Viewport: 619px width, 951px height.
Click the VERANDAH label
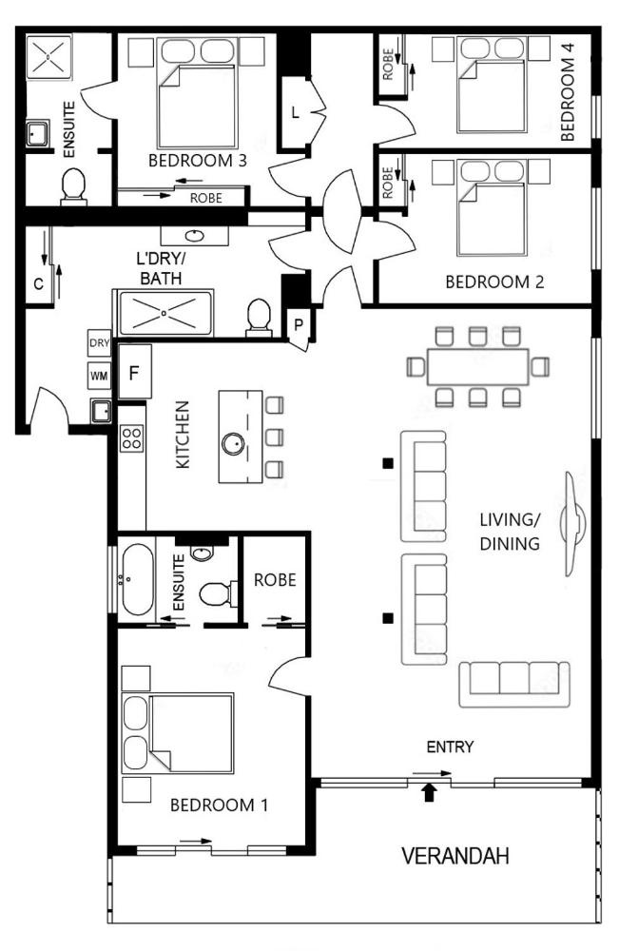(455, 856)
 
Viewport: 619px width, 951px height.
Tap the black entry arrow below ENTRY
(429, 792)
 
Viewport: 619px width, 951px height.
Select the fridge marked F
(134, 372)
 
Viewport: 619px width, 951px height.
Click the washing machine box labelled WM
(99, 376)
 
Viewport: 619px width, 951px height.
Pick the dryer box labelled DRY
(99, 343)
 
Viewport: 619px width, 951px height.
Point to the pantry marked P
(299, 325)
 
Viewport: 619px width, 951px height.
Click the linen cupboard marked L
(295, 113)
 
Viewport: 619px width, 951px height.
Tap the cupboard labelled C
(38, 283)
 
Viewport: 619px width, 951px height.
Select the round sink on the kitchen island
(233, 444)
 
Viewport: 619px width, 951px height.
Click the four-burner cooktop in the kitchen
(131, 437)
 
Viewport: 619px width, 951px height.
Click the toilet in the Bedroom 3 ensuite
(73, 185)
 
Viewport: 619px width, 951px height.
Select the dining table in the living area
(477, 366)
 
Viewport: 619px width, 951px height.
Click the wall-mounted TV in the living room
(573, 524)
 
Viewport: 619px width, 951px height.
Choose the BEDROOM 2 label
(494, 282)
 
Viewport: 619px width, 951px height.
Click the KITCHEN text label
(183, 435)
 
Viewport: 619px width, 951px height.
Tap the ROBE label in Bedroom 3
(206, 199)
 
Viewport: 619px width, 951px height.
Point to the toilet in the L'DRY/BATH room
(259, 318)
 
